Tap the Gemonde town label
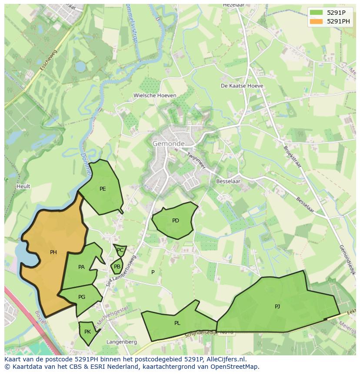pyautogui.click(x=168, y=143)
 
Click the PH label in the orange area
pyautogui.click(x=53, y=252)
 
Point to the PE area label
pyautogui.click(x=103, y=189)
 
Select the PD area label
pyautogui.click(x=176, y=221)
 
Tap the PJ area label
pyautogui.click(x=277, y=307)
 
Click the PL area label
pyautogui.click(x=177, y=323)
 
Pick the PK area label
pyautogui.click(x=87, y=332)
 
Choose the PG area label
pyautogui.click(x=82, y=297)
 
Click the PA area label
pyautogui.click(x=81, y=267)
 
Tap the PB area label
pyautogui.click(x=117, y=267)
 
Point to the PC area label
pyautogui.click(x=120, y=250)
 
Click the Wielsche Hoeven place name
pyautogui.click(x=155, y=96)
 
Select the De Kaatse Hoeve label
pyautogui.click(x=242, y=86)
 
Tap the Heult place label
pyautogui.click(x=23, y=186)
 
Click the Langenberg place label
pyautogui.click(x=122, y=342)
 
